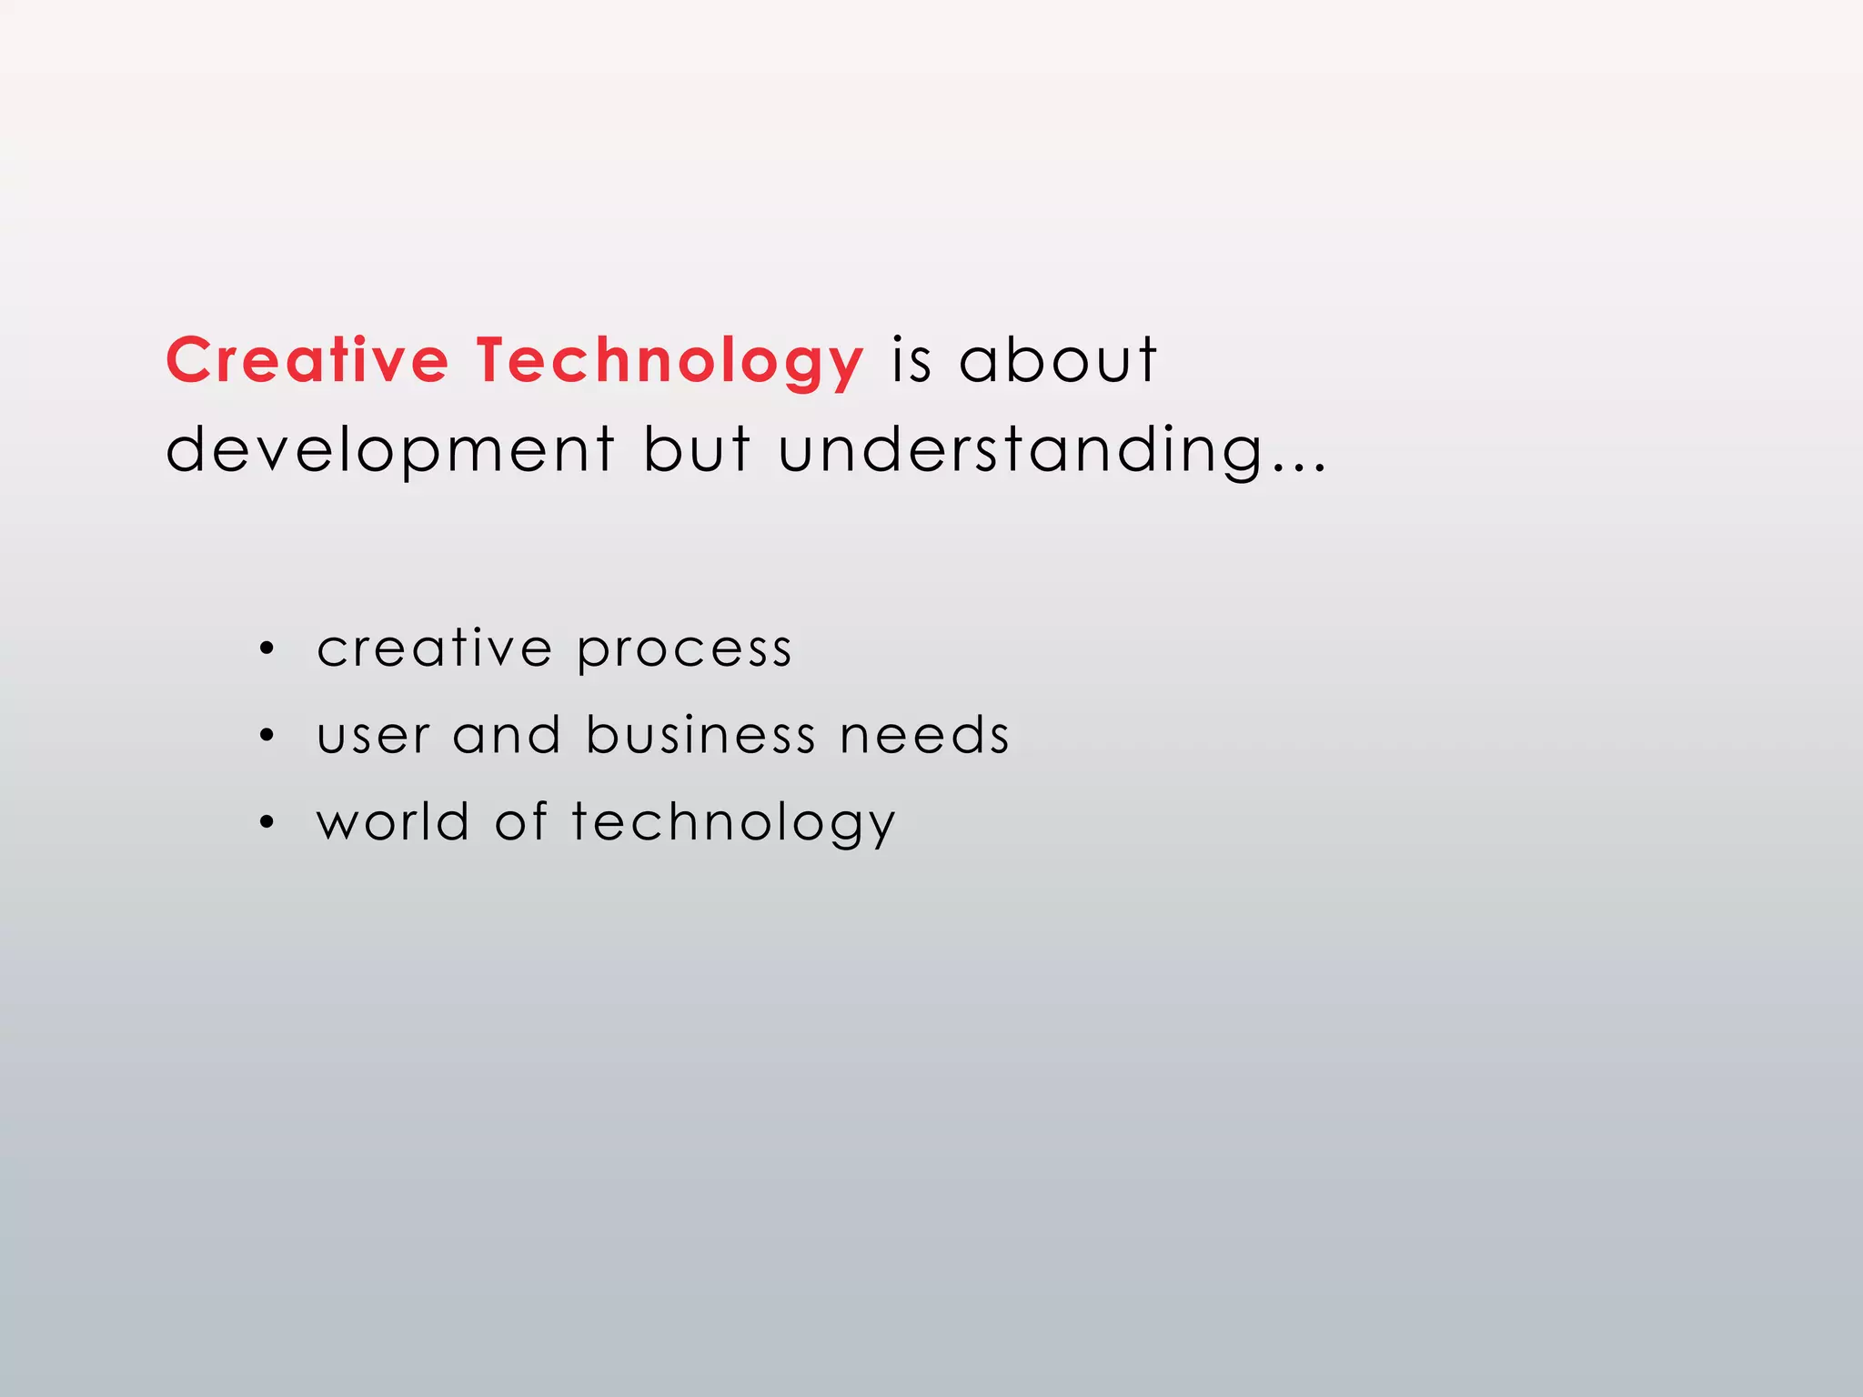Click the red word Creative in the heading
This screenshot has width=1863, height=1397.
tap(307, 360)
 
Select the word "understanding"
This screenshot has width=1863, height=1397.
tap(1021, 449)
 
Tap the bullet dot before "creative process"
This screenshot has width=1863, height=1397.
tap(266, 648)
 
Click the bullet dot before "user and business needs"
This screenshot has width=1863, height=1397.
tap(266, 735)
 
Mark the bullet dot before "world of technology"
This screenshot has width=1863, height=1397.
tap(266, 822)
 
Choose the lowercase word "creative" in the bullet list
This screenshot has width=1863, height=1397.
tap(434, 648)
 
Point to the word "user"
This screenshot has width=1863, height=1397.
tap(373, 736)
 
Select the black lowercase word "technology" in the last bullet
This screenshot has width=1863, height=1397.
tap(733, 822)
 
